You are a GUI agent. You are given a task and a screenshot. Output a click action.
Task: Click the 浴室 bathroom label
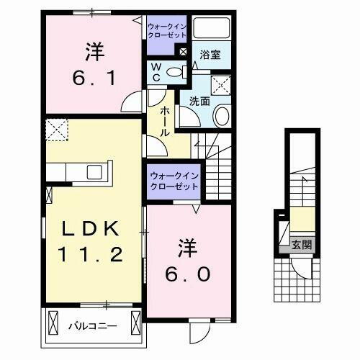(x=210, y=53)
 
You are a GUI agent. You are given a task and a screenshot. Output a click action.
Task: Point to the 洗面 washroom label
(x=200, y=101)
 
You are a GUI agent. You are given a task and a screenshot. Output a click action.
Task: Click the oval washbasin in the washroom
(x=222, y=115)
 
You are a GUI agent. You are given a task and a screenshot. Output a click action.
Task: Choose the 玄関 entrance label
(x=302, y=245)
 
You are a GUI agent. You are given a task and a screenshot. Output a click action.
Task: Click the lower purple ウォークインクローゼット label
(x=174, y=181)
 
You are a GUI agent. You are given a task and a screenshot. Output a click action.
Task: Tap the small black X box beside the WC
(x=183, y=52)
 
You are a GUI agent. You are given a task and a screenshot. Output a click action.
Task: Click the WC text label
(x=155, y=71)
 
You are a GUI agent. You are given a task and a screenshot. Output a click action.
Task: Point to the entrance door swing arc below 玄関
(x=302, y=270)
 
